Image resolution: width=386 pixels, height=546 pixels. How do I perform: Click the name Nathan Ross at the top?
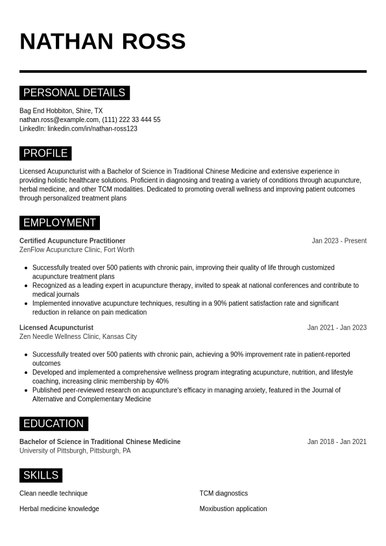point(103,42)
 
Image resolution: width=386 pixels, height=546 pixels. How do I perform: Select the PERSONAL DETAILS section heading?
point(74,93)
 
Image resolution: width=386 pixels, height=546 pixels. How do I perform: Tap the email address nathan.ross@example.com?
point(59,120)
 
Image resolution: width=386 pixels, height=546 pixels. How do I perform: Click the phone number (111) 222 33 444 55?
point(131,120)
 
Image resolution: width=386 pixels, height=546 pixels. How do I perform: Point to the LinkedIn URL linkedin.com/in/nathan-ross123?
point(92,129)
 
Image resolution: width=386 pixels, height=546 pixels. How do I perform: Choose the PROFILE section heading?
point(45,153)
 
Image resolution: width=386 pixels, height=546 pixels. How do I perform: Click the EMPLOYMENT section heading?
point(59,223)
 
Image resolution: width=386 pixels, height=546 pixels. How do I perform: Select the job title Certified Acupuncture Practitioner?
point(73,241)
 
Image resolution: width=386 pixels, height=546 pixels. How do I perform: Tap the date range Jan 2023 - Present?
point(339,241)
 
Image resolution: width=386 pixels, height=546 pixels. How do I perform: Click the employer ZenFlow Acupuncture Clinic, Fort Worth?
point(77,250)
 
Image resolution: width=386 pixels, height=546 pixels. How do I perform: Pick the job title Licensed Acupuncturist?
point(56,328)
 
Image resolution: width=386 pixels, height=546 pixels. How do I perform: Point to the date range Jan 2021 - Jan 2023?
point(337,328)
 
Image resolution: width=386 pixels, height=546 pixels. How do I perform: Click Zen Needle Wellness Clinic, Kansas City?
point(78,337)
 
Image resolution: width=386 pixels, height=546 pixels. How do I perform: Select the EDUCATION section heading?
point(53,424)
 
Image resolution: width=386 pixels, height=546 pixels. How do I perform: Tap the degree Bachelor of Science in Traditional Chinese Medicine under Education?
point(100,442)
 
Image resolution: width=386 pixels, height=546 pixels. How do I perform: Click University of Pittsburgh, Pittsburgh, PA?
point(75,451)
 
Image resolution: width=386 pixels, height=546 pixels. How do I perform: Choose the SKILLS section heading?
point(41,475)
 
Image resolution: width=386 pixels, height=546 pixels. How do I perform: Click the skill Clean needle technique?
point(53,493)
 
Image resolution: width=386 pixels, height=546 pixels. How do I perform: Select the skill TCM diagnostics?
point(223,493)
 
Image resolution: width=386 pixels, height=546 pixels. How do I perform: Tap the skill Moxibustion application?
point(233,509)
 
